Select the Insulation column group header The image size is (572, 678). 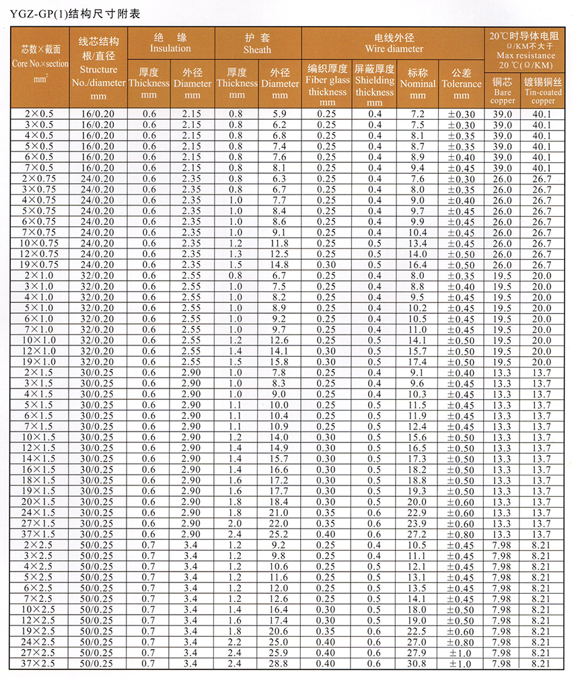pos(170,42)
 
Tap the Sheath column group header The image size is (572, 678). pos(258,43)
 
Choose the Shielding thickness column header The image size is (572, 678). pos(374,84)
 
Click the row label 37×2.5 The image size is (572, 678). pos(40,664)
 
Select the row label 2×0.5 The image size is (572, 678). pos(40,114)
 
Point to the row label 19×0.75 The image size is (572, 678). pos(40,265)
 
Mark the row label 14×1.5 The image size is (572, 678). pos(40,459)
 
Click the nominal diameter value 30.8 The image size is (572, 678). pos(417,664)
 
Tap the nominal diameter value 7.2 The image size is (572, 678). pos(417,114)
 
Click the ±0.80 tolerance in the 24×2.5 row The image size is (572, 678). pos(461,642)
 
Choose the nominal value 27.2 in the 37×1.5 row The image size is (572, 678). pos(417,535)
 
